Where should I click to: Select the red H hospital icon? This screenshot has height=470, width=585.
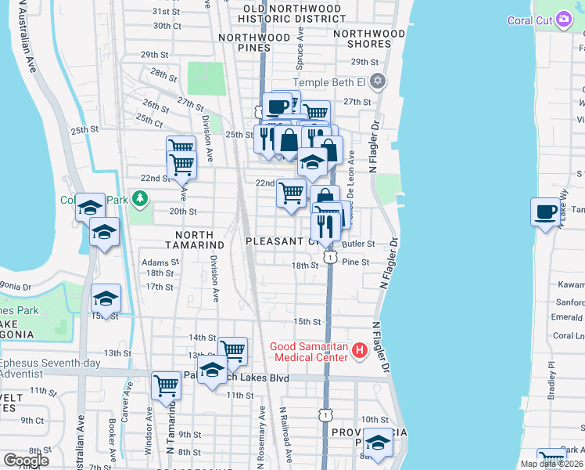tap(359, 350)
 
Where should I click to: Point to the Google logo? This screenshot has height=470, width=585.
tap(25, 460)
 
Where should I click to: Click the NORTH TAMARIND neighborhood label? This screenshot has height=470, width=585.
tap(194, 240)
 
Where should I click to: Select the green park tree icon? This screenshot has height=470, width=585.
tap(140, 199)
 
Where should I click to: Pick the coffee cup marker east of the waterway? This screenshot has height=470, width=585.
tap(545, 211)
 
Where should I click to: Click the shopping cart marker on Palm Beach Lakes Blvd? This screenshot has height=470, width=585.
tap(166, 385)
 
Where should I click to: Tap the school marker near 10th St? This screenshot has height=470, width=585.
tap(378, 443)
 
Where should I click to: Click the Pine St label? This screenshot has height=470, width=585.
tap(355, 262)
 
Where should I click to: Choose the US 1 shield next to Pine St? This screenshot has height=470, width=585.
tap(332, 257)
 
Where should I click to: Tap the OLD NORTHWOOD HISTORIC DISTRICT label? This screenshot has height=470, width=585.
tap(290, 13)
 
